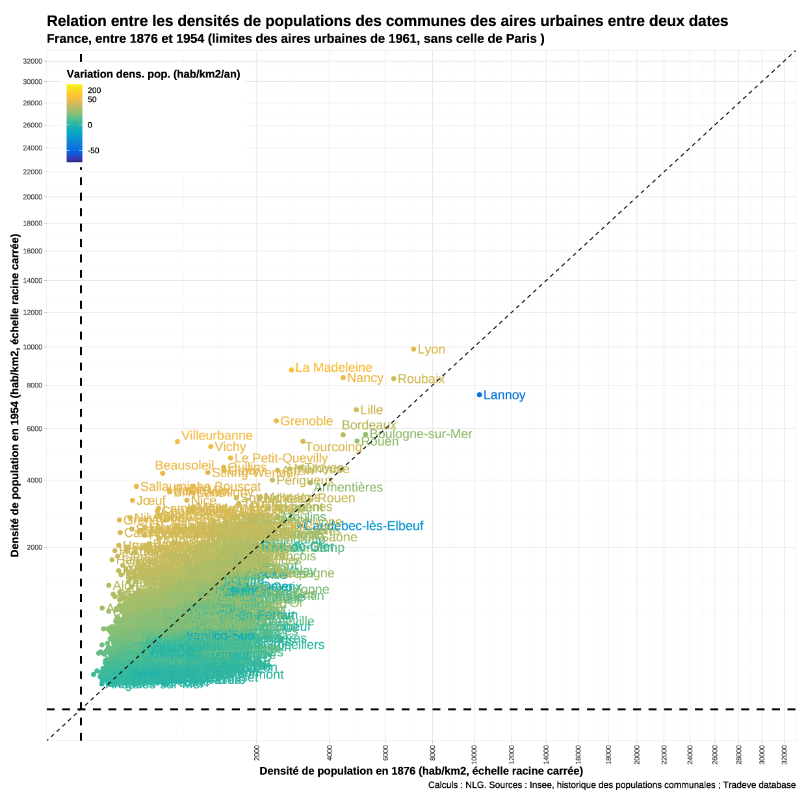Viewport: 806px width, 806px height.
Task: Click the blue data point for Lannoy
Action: pos(480,395)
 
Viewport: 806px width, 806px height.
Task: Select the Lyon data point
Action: pos(413,349)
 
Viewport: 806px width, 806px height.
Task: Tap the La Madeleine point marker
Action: pos(291,370)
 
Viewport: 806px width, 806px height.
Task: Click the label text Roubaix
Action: pos(421,379)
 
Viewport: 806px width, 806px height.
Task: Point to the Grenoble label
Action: pos(306,421)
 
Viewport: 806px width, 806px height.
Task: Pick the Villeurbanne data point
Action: pos(177,441)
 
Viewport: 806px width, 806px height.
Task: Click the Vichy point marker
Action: pos(211,447)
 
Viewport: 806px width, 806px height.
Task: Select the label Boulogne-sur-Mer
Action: pos(421,434)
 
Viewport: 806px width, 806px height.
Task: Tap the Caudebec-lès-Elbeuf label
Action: pos(363,526)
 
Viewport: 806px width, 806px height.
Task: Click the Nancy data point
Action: pos(343,378)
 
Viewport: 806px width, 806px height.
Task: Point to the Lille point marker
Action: pos(356,409)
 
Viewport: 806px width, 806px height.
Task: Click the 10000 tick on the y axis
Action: pos(32,347)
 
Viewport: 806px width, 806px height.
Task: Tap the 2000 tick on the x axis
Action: pos(257,753)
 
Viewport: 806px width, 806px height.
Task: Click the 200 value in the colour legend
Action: pos(94,90)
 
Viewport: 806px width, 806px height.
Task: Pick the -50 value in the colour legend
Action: pos(94,151)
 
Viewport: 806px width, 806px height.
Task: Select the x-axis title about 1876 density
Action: pos(421,771)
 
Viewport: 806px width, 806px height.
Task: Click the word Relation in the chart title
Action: pos(77,21)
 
